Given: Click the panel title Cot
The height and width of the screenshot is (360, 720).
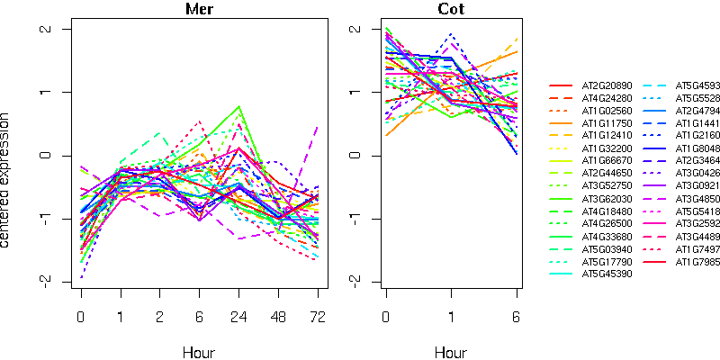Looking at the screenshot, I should [452, 10].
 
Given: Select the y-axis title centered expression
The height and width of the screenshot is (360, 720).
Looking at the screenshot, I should [8, 180].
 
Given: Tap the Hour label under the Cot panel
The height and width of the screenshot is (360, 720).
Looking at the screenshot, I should [452, 352].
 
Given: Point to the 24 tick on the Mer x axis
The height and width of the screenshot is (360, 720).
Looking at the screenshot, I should [238, 317].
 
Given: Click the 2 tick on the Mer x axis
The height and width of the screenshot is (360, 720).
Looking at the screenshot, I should [160, 317].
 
